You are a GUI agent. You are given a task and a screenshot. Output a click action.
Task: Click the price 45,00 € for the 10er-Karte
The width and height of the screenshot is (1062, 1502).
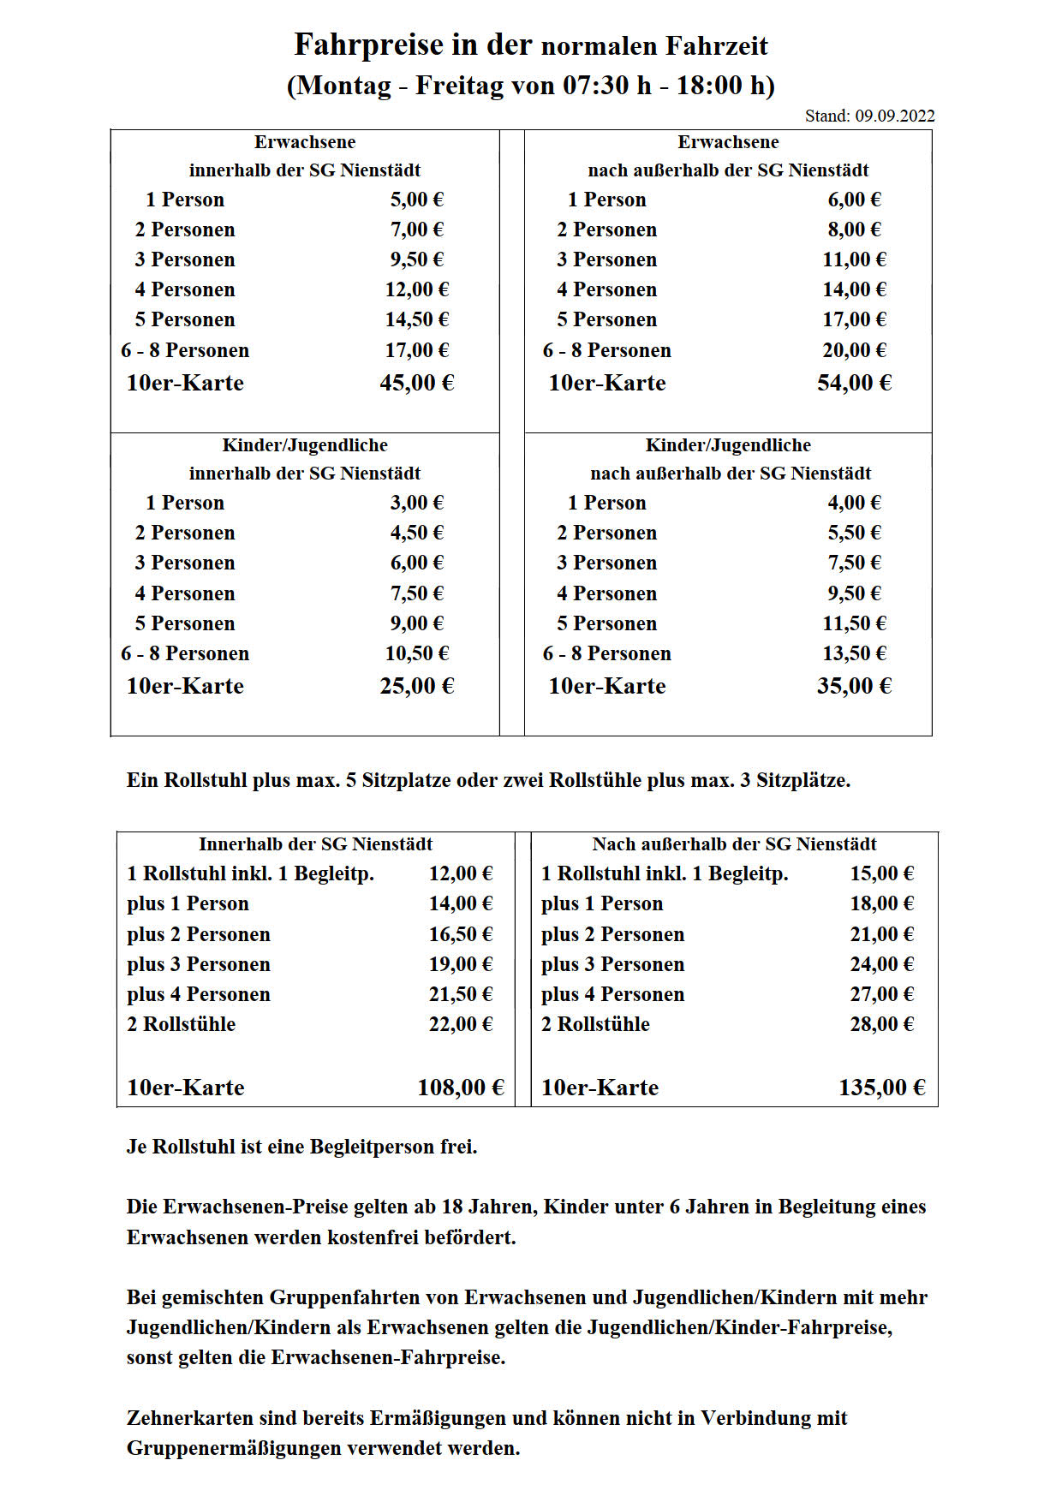coord(416,383)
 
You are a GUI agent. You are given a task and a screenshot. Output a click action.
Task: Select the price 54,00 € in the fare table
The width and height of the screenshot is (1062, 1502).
coord(854,383)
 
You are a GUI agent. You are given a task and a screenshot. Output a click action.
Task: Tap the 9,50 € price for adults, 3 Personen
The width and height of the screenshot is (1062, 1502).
coord(416,259)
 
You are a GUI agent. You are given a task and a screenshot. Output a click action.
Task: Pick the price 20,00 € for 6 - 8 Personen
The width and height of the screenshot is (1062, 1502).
coord(854,350)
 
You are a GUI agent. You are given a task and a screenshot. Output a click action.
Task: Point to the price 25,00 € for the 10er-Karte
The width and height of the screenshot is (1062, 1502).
coord(416,686)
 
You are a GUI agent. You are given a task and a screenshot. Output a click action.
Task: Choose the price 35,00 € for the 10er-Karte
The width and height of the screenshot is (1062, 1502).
coord(854,686)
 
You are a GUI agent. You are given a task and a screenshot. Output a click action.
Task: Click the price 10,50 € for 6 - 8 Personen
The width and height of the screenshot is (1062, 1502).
coord(416,653)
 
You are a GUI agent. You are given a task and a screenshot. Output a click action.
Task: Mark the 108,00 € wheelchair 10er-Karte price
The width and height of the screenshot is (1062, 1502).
coord(460,1088)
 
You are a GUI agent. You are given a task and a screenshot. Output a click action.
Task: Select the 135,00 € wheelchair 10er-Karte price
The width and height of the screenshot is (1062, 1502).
coord(881,1088)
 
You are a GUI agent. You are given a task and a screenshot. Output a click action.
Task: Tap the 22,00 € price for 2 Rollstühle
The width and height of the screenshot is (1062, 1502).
coord(460,1024)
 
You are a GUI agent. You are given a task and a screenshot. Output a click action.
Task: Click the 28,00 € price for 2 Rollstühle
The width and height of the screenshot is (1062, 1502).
coord(881,1024)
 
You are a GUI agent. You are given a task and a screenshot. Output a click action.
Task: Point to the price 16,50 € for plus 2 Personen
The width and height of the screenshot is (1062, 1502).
coord(460,934)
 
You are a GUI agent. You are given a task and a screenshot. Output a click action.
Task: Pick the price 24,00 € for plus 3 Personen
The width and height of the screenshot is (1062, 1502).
coord(881,964)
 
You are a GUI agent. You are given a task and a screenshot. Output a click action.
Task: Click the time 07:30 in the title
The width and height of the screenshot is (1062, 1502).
coord(597,86)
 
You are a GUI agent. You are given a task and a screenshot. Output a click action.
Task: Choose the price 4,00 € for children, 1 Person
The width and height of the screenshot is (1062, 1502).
coord(854,503)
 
